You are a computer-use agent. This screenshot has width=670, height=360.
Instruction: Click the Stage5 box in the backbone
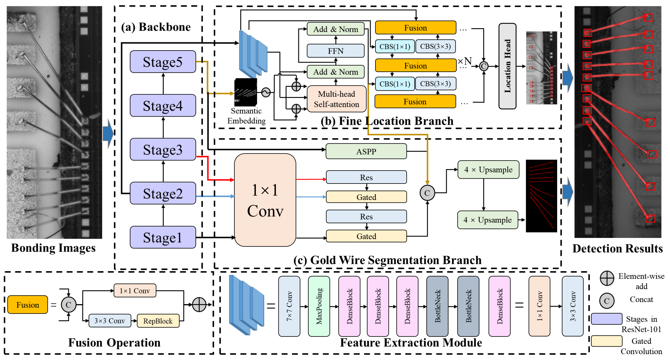[163, 62]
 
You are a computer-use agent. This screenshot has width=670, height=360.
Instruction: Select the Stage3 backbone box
[163, 150]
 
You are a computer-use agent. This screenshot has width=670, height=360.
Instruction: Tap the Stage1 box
[163, 237]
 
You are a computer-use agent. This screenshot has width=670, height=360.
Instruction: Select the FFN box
[335, 51]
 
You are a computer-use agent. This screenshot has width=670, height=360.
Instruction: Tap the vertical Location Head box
[507, 66]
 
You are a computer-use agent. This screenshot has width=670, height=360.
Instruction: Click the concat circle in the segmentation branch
[427, 193]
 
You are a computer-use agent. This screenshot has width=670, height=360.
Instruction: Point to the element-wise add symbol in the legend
[607, 278]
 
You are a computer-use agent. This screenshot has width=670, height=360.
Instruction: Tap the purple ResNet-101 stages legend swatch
[606, 319]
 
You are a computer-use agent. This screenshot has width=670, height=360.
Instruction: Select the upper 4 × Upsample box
[488, 170]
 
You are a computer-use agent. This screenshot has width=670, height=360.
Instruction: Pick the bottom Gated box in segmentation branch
[366, 236]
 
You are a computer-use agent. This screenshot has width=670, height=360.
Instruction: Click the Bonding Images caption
[53, 248]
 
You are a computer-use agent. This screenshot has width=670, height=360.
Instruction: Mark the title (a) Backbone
[156, 27]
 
